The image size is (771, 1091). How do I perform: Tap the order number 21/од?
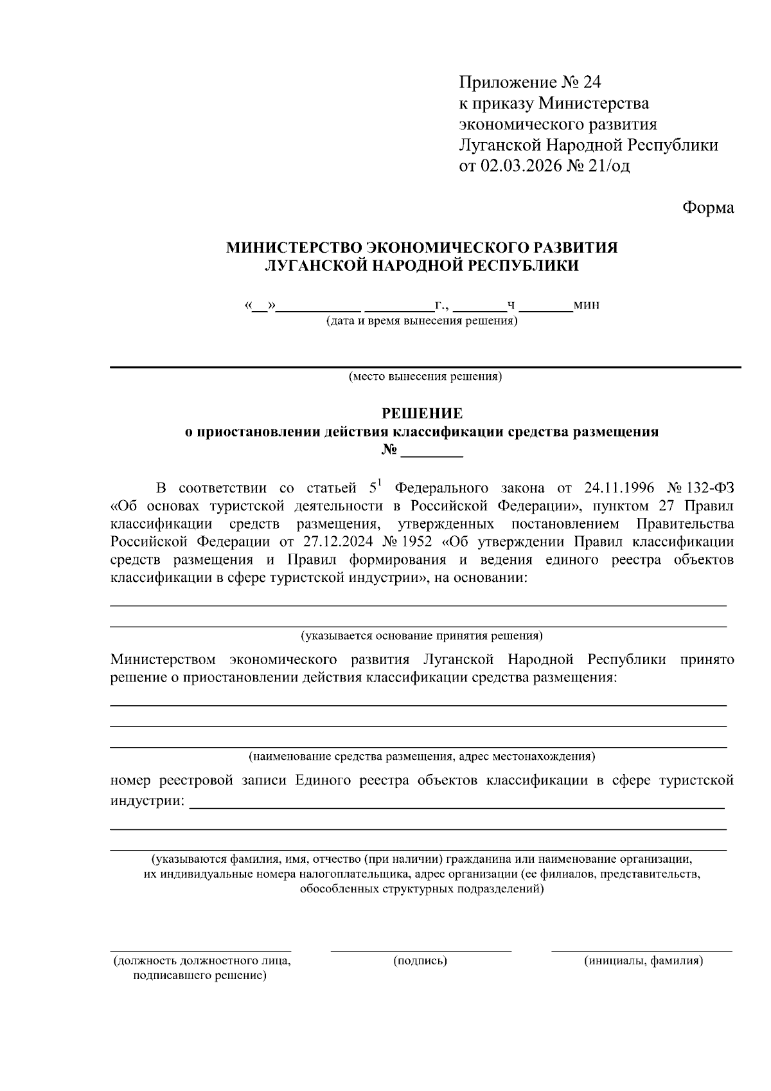609,166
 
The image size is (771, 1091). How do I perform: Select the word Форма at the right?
707,208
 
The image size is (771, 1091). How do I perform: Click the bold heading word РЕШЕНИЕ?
422,413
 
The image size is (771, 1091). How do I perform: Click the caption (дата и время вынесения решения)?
421,320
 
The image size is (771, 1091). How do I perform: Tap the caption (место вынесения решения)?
425,376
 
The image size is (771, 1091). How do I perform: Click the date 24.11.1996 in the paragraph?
619,487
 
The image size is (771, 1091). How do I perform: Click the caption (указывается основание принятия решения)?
421,636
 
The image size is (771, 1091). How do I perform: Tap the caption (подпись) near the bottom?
420,961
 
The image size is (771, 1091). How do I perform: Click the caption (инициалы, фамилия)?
643,961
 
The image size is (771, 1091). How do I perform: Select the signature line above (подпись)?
421,949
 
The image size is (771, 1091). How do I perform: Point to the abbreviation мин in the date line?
587,304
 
